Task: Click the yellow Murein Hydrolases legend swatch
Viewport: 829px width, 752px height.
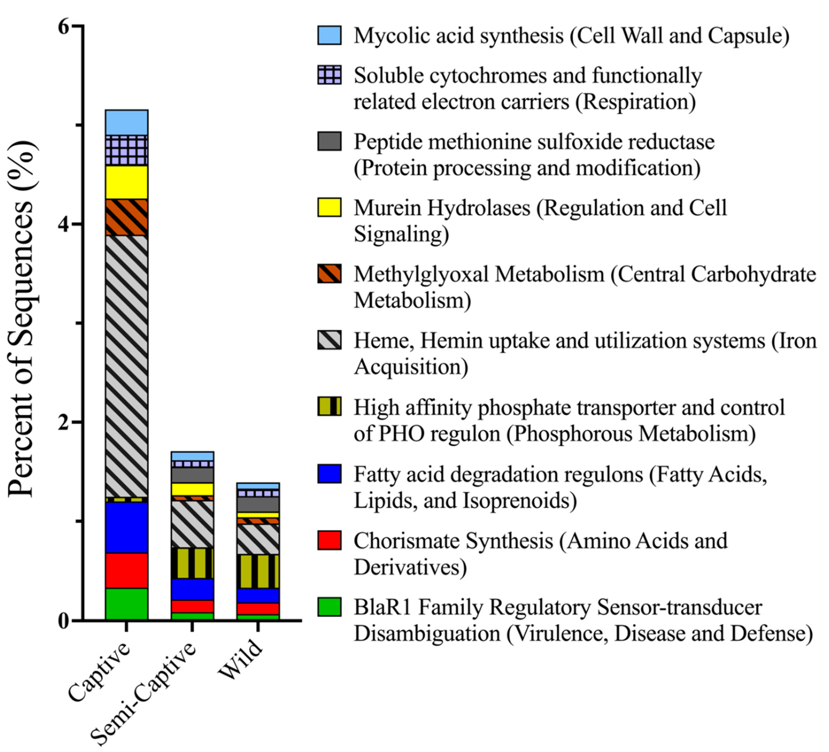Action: pos(329,207)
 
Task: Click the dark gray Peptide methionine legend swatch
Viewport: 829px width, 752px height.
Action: pos(329,141)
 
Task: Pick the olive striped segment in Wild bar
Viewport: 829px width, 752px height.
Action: pos(258,572)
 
